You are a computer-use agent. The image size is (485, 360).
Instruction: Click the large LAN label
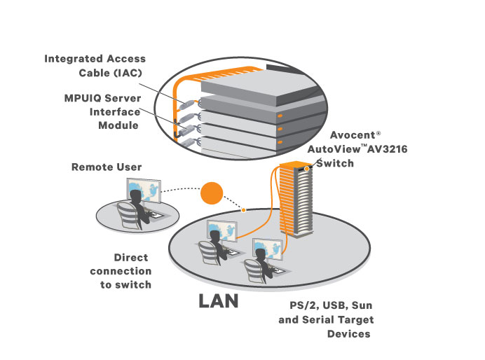point(219,302)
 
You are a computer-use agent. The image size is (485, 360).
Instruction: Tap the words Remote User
point(107,167)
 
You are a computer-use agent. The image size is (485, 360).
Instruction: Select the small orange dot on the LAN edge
point(242,209)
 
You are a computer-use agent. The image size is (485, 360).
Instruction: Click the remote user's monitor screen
point(144,191)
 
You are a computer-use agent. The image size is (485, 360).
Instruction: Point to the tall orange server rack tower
point(292,203)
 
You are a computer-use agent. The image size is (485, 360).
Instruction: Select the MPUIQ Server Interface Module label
point(101,111)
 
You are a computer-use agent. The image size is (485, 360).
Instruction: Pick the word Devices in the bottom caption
point(349,333)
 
